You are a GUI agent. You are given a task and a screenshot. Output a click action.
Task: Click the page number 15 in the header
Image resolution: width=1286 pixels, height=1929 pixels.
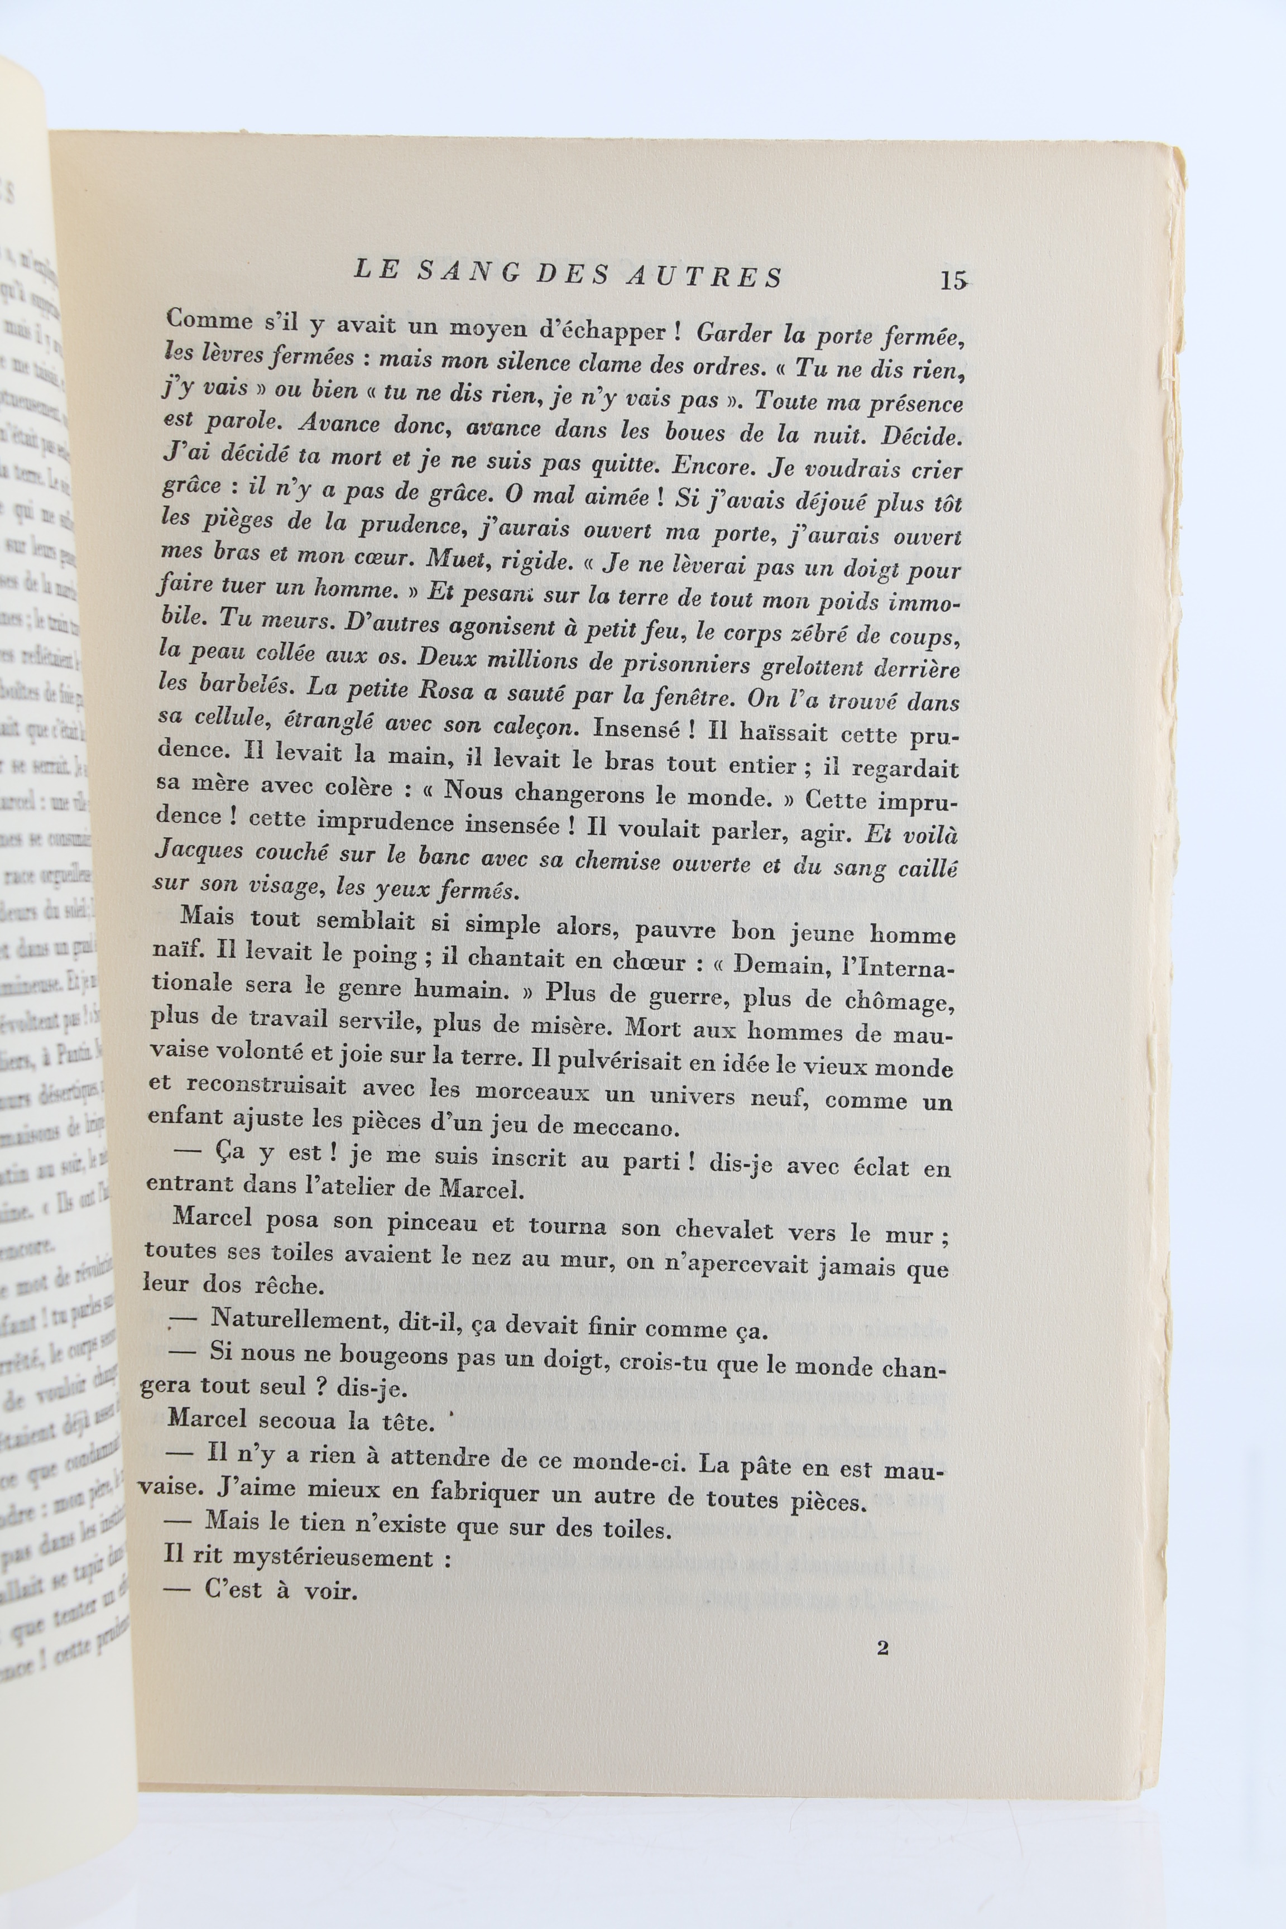(952, 281)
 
